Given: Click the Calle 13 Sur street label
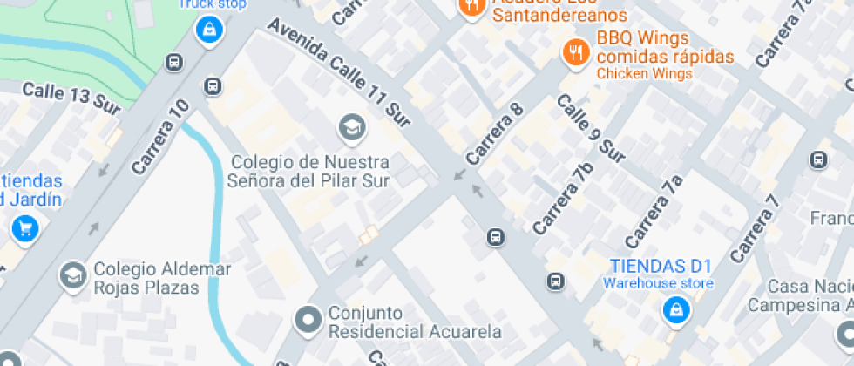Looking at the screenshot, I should pos(64,94).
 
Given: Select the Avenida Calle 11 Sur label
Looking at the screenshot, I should pos(339,75).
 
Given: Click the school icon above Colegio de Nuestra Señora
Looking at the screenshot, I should pos(352,127).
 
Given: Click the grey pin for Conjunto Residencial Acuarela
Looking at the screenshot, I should pos(308,321).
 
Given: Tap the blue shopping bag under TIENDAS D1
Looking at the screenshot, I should pos(674,309).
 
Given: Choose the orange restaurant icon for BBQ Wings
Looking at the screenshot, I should pos(574,51).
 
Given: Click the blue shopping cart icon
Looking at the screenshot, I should pos(23,230).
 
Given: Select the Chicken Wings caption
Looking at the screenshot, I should pos(644,74).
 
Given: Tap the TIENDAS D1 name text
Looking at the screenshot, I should pos(661,266).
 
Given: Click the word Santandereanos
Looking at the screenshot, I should pos(559,15).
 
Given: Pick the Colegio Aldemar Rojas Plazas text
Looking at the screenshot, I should pos(163,278).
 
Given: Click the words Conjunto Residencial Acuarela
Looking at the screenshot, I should pos(414,322).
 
